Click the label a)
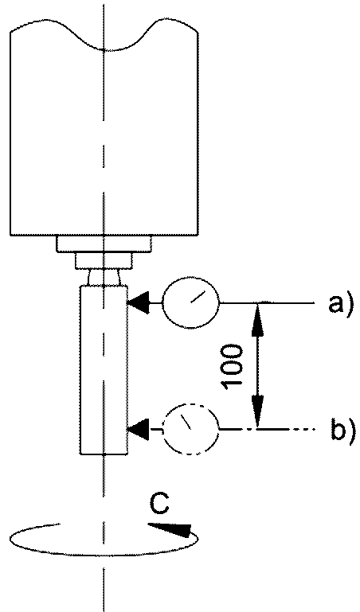point(341,303)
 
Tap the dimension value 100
point(232,367)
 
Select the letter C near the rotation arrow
point(159,504)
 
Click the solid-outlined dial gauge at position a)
point(191,303)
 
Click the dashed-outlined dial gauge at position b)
point(191,429)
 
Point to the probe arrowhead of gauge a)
point(139,303)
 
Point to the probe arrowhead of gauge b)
point(139,429)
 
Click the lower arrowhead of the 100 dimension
point(257,411)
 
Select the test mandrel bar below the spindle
point(104,369)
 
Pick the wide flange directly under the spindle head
point(104,244)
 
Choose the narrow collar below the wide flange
point(104,261)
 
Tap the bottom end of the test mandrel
point(104,454)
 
